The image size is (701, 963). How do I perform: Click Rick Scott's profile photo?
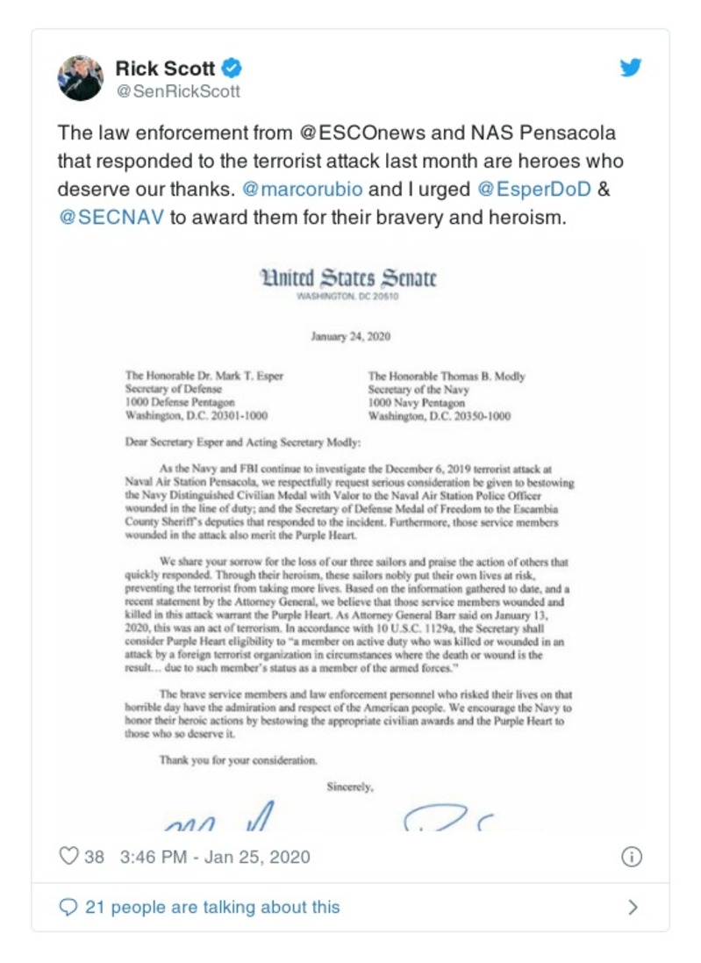(x=81, y=78)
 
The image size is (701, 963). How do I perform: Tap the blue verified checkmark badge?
(x=232, y=68)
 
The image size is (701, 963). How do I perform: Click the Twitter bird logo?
(x=631, y=68)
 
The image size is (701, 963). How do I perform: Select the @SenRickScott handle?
(x=178, y=91)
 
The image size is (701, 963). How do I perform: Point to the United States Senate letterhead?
(x=348, y=278)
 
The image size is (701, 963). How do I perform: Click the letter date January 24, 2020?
(x=349, y=335)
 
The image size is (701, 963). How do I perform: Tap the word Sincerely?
(x=350, y=787)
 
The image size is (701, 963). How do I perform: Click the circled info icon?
(x=631, y=857)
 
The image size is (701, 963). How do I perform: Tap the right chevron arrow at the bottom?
(x=633, y=907)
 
